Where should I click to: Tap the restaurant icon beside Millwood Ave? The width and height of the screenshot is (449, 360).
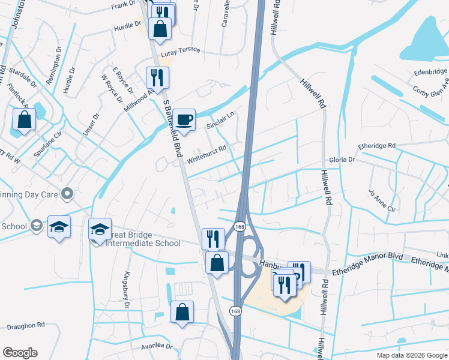157,77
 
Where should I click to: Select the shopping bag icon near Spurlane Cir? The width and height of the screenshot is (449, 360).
24,119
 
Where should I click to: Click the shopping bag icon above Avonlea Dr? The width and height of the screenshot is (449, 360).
182,312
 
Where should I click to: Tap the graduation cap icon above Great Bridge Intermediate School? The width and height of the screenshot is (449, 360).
100,228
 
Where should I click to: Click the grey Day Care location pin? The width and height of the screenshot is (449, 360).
67,194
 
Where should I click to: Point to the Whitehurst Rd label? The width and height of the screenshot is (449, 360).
206,155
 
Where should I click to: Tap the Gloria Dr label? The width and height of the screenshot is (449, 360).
342,160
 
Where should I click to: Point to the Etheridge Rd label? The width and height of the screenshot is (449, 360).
376,146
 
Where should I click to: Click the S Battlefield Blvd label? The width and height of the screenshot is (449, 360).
172,128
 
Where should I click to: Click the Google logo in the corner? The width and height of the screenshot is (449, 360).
20,353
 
